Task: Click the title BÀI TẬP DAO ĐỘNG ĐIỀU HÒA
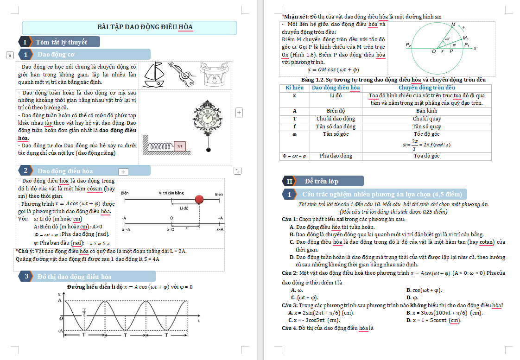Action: [145, 27]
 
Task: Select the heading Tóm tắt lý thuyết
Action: [61, 42]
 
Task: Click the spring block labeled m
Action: [179, 146]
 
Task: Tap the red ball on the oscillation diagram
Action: [199, 200]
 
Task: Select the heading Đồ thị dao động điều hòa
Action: [74, 277]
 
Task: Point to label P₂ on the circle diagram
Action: [408, 45]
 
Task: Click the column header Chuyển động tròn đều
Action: [427, 88]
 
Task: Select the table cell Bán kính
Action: [427, 111]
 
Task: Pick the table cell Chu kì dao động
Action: [336, 119]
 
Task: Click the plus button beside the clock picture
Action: [239, 112]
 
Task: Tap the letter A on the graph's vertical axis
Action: [59, 301]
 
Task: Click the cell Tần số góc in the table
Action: [336, 134]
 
